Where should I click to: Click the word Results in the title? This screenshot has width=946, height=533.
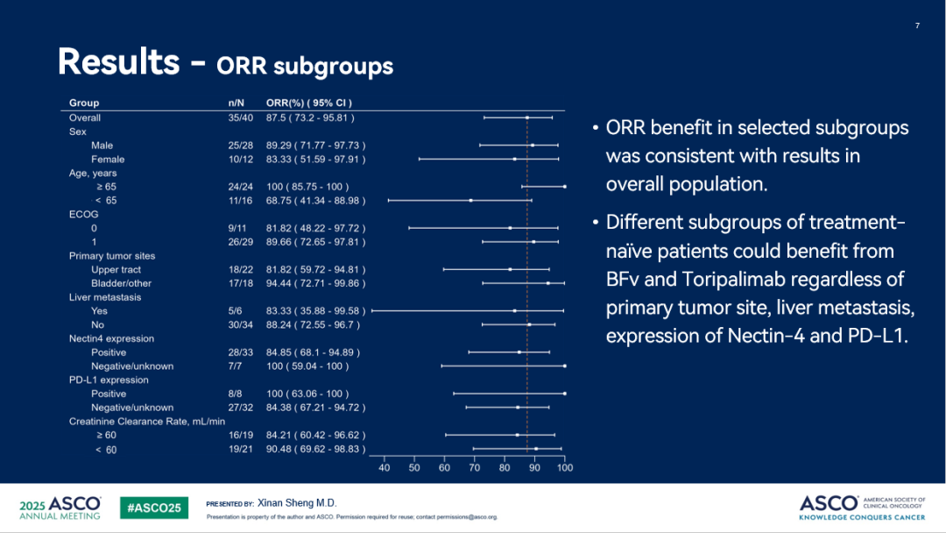(118, 62)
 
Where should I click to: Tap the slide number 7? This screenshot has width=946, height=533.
(917, 25)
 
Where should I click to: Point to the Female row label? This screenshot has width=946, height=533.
(108, 160)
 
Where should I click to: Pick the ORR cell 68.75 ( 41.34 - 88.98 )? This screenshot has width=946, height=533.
(315, 201)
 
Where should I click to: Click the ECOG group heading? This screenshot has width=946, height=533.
(84, 214)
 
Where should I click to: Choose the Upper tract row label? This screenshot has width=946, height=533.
(116, 270)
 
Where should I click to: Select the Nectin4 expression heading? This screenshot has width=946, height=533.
(111, 338)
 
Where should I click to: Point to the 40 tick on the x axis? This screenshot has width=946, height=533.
(385, 468)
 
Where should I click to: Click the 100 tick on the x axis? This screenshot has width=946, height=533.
(565, 468)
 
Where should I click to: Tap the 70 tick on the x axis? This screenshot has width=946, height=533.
(475, 468)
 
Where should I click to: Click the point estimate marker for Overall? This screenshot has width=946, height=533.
(527, 117)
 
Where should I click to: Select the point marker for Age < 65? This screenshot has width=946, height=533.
(471, 201)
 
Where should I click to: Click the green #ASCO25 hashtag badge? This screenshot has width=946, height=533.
(153, 508)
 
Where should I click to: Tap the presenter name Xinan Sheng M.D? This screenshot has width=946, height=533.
(297, 503)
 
